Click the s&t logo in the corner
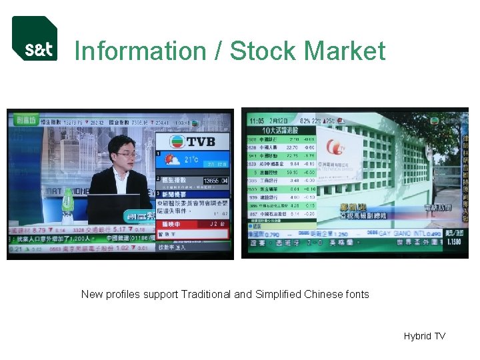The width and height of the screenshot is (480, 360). click(35, 38)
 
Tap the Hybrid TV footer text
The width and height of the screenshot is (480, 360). click(424, 336)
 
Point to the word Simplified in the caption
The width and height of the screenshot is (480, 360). click(257, 294)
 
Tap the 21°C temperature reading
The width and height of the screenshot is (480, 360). click(192, 160)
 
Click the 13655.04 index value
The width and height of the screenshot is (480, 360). click(215, 181)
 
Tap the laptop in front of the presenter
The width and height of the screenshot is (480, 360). click(113, 208)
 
